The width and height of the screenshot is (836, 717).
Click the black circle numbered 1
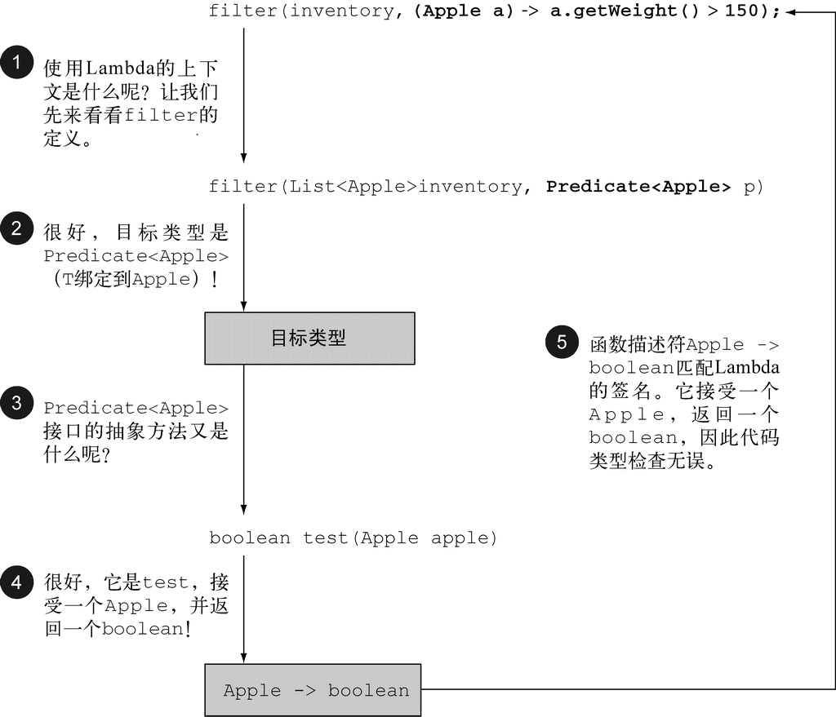point(16,63)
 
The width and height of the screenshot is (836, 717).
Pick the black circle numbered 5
point(561,341)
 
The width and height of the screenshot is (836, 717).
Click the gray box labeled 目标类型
point(309,338)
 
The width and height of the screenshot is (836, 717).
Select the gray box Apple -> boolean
point(315,691)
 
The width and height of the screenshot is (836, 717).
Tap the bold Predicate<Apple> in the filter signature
point(638,187)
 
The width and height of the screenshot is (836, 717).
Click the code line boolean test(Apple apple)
point(353,538)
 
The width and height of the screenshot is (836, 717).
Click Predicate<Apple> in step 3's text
point(136,408)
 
